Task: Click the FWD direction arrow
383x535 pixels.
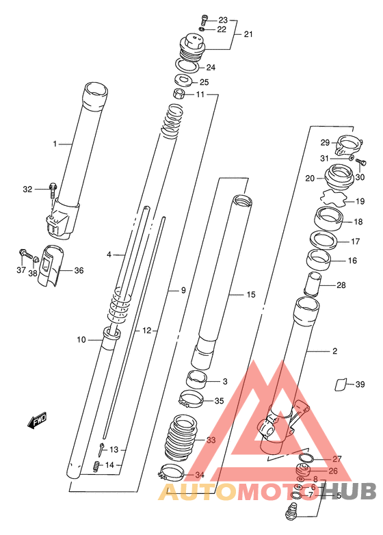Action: pyautogui.click(x=37, y=420)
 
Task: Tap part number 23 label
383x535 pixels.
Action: pyautogui.click(x=223, y=20)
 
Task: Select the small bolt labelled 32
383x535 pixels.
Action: pyautogui.click(x=53, y=191)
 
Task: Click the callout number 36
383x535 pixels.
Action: pyautogui.click(x=79, y=270)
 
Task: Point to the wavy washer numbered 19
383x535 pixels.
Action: pyautogui.click(x=333, y=198)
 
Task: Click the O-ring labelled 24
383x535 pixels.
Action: pyautogui.click(x=187, y=66)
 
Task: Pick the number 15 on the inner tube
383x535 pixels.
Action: pyautogui.click(x=251, y=294)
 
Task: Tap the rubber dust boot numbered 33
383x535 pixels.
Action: pyautogui.click(x=181, y=437)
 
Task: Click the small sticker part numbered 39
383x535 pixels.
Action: pyautogui.click(x=341, y=384)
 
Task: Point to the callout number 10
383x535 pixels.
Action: pyautogui.click(x=81, y=340)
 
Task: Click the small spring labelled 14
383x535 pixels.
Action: pyautogui.click(x=96, y=466)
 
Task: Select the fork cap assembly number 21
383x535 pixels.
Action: pyautogui.click(x=192, y=43)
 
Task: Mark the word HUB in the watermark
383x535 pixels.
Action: pyautogui.click(x=354, y=492)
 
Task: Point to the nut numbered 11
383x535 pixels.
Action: pyautogui.click(x=179, y=93)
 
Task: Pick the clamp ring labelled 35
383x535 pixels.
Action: pyautogui.click(x=191, y=399)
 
